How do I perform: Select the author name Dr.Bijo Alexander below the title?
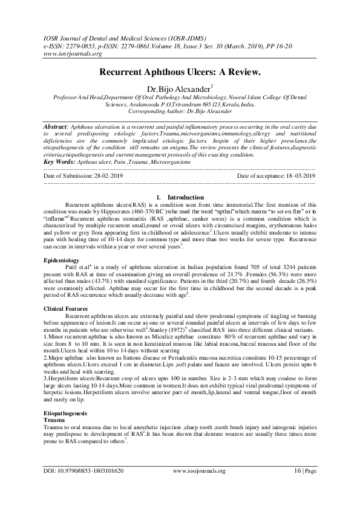pyautogui.click(x=178, y=88)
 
